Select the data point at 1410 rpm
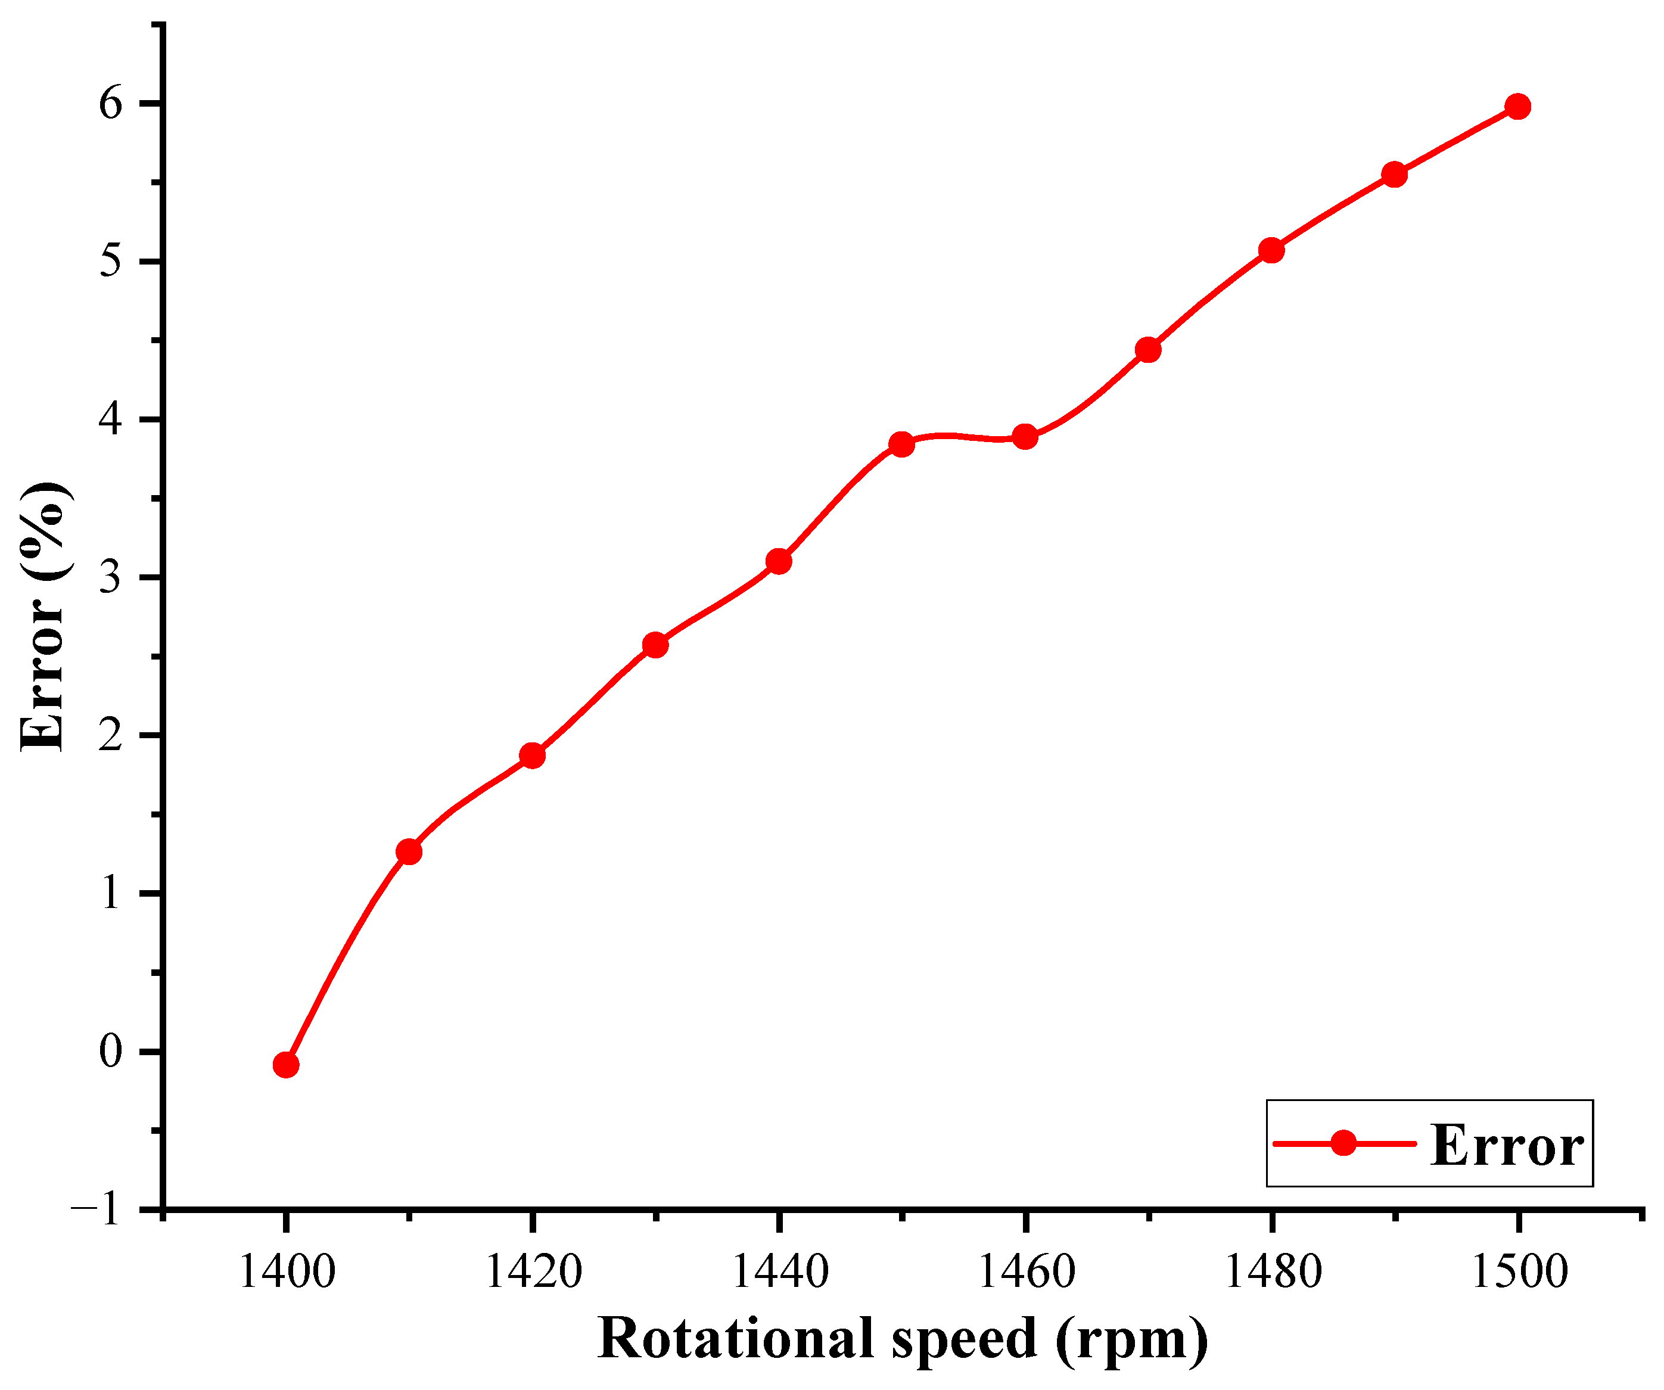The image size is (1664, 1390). click(409, 852)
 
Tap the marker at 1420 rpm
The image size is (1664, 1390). click(533, 755)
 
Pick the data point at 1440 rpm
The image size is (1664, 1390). click(779, 561)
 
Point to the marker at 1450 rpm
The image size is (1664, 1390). click(902, 444)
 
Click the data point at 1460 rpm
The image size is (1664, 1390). click(1025, 436)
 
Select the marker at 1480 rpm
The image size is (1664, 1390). click(1271, 250)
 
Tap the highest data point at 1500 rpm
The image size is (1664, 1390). click(1518, 106)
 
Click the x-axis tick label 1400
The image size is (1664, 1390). click(286, 1272)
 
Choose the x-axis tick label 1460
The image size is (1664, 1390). click(1025, 1272)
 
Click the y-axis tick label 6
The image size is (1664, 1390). click(111, 104)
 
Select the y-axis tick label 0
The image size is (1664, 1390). click(111, 1052)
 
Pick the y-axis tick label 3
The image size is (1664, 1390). click(111, 578)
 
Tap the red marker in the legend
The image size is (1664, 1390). click(1343, 1143)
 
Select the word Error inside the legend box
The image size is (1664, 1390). click(1506, 1146)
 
